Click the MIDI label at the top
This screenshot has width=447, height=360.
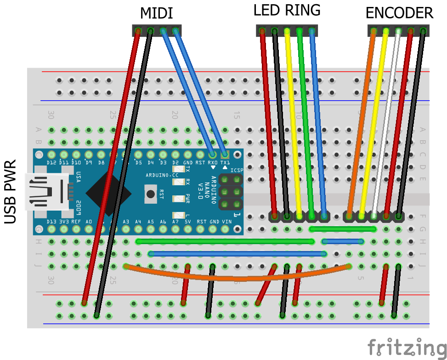tap(156, 13)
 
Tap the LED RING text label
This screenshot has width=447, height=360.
tap(287, 11)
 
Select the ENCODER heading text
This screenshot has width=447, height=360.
tap(399, 13)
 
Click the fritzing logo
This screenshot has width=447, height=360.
tap(406, 347)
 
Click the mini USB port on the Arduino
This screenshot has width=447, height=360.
tap(46, 191)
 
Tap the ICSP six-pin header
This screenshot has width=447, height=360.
tap(231, 191)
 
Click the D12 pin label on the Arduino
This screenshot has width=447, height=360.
tap(51, 163)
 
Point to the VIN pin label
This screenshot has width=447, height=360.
tap(226, 222)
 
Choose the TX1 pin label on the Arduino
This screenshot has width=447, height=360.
tap(225, 163)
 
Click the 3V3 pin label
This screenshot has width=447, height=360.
tap(64, 222)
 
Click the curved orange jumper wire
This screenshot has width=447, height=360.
tap(237, 278)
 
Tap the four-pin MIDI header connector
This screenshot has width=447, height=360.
tap(157, 31)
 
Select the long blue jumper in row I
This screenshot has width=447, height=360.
tap(237, 253)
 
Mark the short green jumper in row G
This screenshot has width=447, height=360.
tap(343, 229)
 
